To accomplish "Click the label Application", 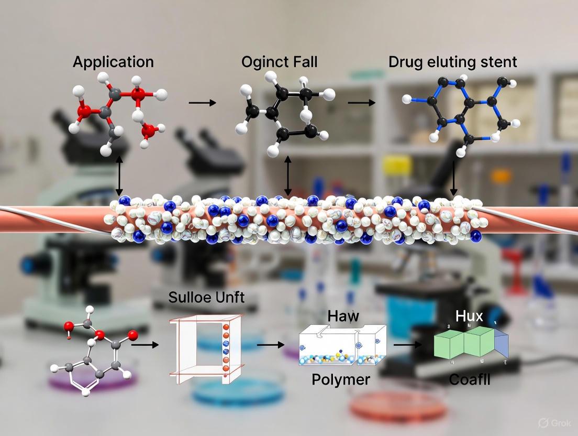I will (x=113, y=62).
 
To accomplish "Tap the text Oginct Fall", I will (x=280, y=62).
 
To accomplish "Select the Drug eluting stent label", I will (x=452, y=62).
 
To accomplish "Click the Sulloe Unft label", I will (x=206, y=298).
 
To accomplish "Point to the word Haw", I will (x=343, y=316).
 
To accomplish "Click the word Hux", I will (x=469, y=316).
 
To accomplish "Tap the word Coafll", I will (x=470, y=379).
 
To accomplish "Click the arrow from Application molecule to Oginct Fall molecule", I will (x=202, y=103).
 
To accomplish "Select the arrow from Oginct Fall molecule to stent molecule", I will (x=361, y=103).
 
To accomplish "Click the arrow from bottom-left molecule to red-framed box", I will (x=144, y=345).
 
